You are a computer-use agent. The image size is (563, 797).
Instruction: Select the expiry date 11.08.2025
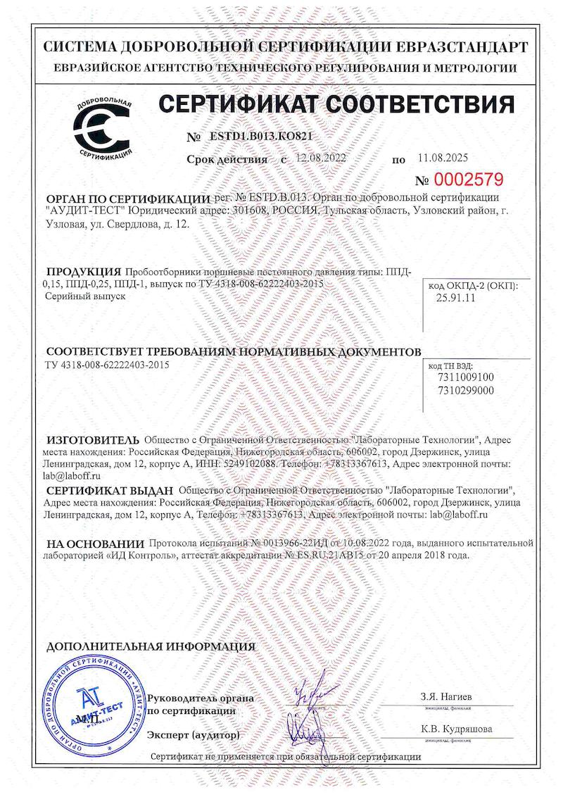point(443,158)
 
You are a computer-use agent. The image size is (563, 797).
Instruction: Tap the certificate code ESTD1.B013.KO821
point(261,137)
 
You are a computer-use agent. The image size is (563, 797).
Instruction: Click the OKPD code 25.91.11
point(457,298)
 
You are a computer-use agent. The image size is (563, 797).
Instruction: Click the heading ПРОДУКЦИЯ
point(84,272)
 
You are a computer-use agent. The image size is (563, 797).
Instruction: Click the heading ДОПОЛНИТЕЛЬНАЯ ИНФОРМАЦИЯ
point(151,646)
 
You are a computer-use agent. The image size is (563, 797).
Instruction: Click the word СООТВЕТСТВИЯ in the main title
point(417,105)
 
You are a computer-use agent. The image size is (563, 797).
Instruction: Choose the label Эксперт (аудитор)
point(193,735)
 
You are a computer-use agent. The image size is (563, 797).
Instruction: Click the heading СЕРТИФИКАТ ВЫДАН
point(109,490)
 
